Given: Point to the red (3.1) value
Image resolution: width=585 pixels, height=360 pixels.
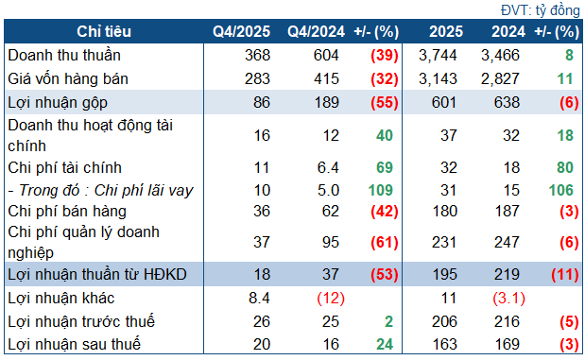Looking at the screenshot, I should pyautogui.click(x=504, y=299).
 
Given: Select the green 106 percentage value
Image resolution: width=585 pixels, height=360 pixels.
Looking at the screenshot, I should pyautogui.click(x=564, y=190).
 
